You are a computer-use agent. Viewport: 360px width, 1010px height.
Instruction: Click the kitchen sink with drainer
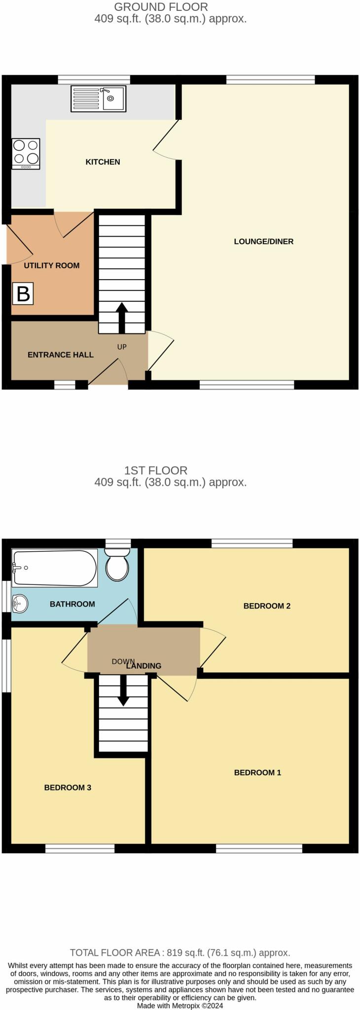(x=98, y=98)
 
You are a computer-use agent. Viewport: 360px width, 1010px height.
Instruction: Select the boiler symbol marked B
(x=23, y=294)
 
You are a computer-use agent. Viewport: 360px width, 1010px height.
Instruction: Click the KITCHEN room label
(x=103, y=162)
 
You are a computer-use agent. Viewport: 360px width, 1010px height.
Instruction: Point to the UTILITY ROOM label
(x=52, y=265)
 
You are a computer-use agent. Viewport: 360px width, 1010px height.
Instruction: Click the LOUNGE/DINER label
(x=263, y=241)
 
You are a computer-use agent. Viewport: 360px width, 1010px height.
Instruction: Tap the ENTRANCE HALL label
(x=60, y=355)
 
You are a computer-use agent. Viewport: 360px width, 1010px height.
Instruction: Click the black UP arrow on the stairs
(x=121, y=317)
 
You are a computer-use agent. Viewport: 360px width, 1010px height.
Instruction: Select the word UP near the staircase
(x=122, y=347)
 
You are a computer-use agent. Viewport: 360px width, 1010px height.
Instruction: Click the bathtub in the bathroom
(x=54, y=568)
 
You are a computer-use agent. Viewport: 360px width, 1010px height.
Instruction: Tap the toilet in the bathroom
(x=117, y=566)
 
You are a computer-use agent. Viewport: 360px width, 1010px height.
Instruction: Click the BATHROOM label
(x=72, y=604)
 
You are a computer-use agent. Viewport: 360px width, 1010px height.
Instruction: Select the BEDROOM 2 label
(x=267, y=606)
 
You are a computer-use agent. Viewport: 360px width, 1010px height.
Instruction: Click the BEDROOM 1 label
(x=257, y=772)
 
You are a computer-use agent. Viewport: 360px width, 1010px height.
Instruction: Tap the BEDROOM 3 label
(x=68, y=788)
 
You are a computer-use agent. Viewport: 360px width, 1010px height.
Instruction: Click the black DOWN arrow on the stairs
(x=123, y=690)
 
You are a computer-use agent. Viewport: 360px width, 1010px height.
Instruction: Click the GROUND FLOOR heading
(x=161, y=7)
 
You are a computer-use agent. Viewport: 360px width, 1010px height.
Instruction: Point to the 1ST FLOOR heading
(x=156, y=470)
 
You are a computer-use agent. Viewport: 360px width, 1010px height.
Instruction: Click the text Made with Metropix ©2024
(x=180, y=1006)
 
